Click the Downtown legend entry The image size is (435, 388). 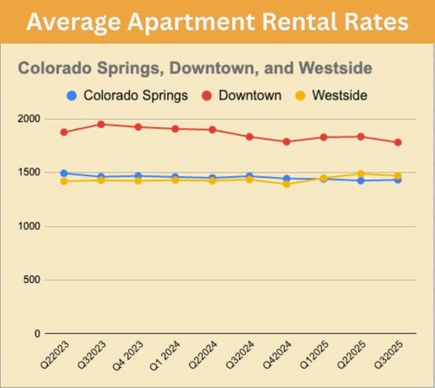coord(244,95)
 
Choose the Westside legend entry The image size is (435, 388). coord(332,95)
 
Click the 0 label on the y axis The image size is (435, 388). coord(36,333)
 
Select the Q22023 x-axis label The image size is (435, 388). coord(54,356)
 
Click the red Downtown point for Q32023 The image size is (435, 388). coord(101,124)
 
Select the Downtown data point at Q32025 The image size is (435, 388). coord(397,142)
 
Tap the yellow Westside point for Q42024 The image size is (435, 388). coord(286,184)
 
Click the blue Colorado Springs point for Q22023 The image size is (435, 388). coord(64,173)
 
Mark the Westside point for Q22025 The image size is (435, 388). coord(361,174)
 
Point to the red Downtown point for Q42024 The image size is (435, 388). coord(286,141)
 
